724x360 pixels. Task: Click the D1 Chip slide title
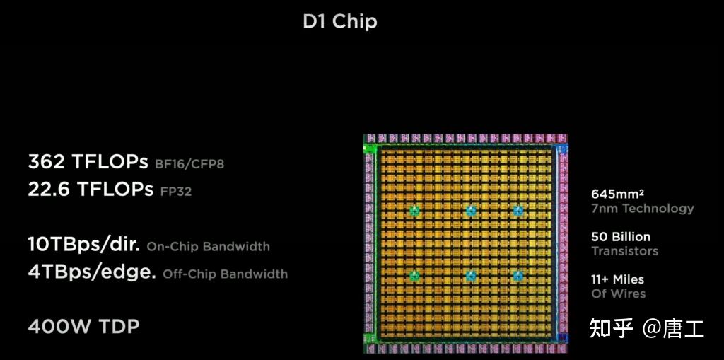point(339,21)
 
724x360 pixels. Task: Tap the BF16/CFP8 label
point(189,164)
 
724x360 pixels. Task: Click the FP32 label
point(175,191)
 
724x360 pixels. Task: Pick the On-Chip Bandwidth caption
point(208,247)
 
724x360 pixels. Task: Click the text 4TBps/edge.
point(92,272)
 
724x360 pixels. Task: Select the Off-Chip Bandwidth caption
point(225,274)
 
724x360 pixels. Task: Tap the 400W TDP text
point(83,326)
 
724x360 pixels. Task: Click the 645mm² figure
point(617,194)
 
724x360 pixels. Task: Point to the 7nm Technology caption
point(642,208)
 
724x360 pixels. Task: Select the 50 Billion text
point(620,236)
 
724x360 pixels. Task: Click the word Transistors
point(624,251)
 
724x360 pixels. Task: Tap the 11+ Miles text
point(617,279)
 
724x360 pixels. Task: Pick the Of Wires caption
point(618,294)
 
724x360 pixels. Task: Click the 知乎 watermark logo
point(611,328)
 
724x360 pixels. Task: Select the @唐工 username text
point(673,328)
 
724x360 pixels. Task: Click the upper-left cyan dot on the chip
point(414,211)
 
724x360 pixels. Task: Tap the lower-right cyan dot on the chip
point(518,276)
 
